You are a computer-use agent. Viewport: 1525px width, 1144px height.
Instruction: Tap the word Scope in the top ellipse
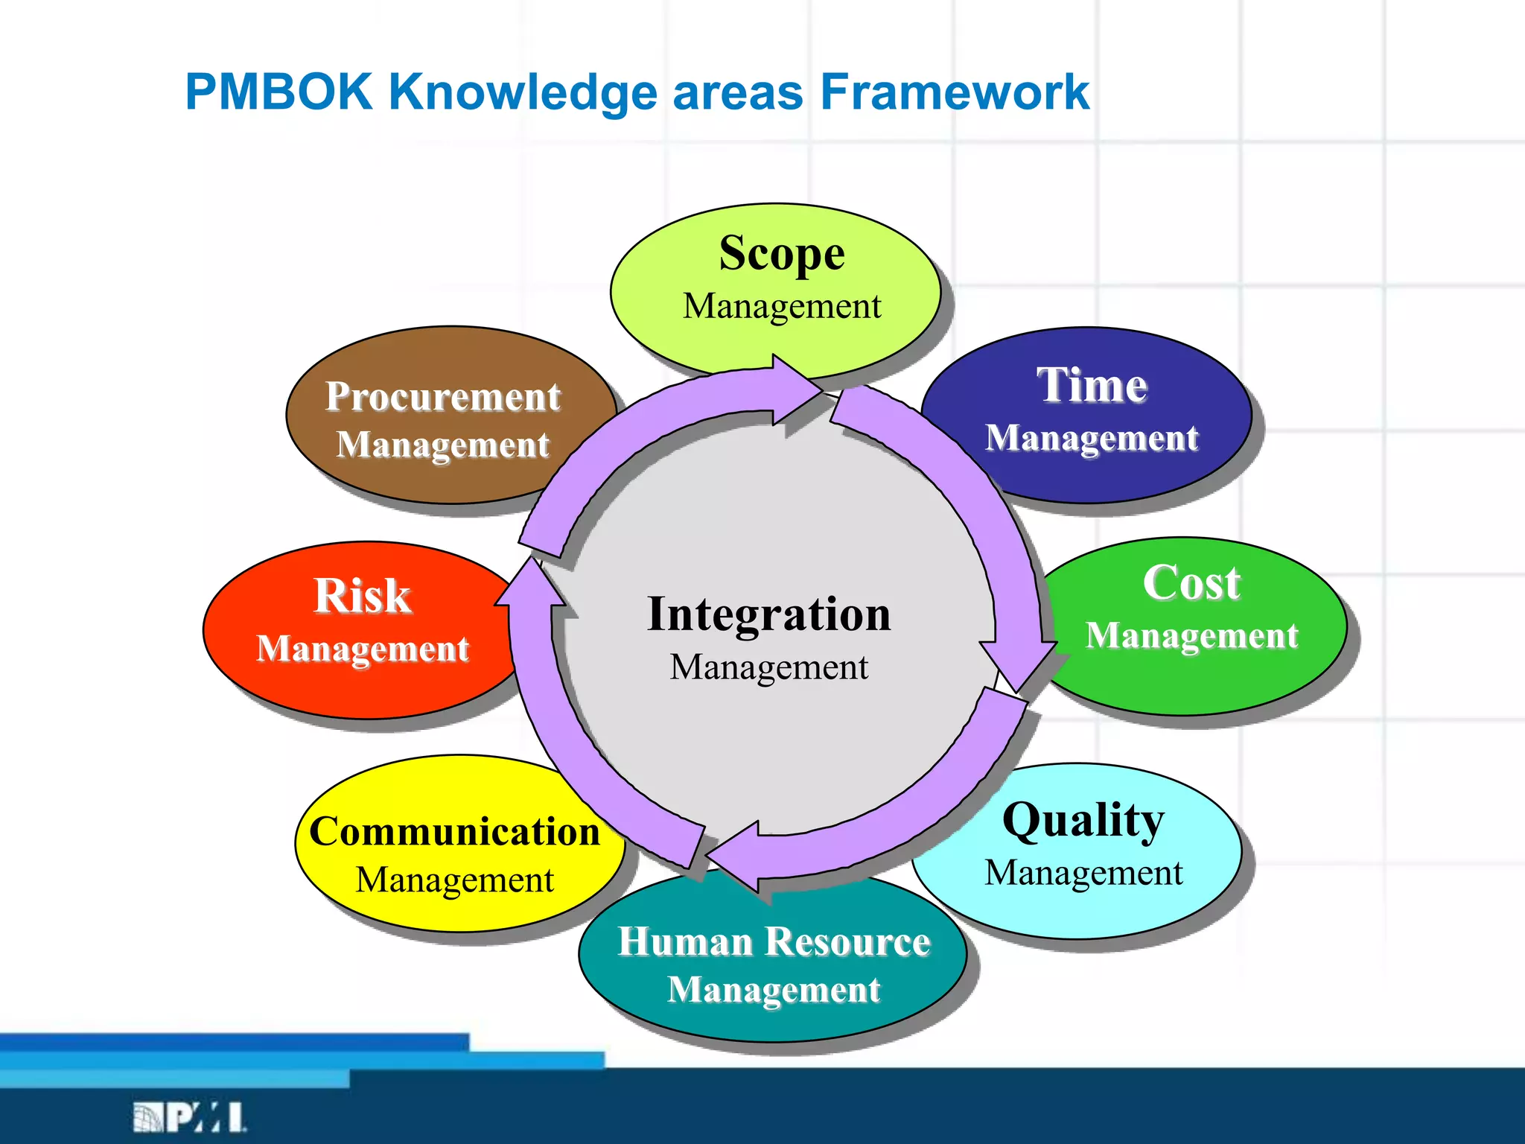coord(781,253)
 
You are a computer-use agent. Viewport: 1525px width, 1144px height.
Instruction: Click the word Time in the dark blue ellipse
coord(1092,385)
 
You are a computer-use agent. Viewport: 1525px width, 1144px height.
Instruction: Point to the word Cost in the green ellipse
coord(1191,582)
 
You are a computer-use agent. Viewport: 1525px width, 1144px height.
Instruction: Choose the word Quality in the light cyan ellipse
coord(1083,820)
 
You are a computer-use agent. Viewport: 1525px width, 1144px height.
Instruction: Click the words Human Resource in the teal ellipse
coord(774,941)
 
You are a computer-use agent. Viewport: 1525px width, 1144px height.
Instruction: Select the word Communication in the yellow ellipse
coord(454,831)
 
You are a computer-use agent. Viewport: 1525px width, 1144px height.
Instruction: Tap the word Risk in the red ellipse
coord(362,596)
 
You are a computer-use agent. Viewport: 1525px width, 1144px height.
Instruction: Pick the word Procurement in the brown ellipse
coord(442,396)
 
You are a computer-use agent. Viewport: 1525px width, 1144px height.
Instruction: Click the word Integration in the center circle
coord(768,614)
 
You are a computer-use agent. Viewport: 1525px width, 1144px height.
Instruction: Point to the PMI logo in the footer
coord(190,1117)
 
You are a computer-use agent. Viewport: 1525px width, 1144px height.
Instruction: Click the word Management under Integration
coord(768,667)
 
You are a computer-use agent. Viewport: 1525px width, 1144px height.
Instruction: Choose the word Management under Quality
coord(1083,873)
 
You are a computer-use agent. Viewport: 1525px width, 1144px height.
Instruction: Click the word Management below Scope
coord(781,306)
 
